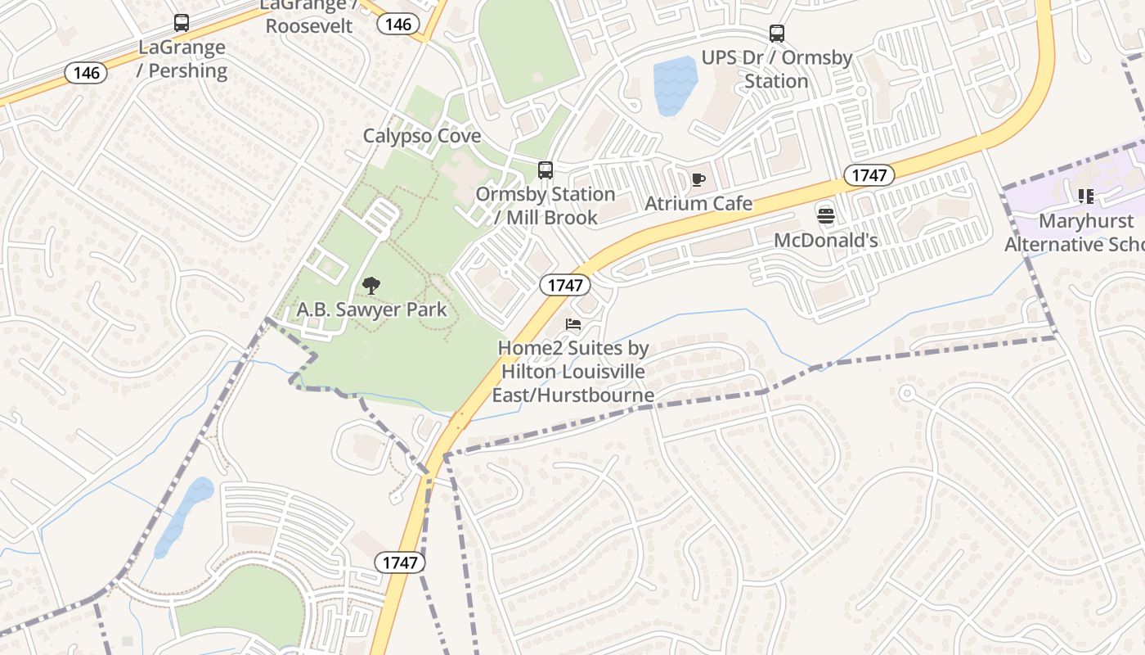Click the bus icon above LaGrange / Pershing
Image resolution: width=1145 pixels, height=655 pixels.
pos(182,23)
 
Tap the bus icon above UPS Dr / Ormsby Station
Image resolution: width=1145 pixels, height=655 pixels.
pos(777,34)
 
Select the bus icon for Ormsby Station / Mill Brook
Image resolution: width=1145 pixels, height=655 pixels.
pos(546,170)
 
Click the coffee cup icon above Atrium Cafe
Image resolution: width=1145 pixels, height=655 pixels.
pos(698,180)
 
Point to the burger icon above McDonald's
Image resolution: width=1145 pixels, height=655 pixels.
pos(826,216)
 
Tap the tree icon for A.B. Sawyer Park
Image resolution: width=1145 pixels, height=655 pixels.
pos(371,286)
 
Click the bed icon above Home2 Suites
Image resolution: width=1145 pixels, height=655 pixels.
pos(573,325)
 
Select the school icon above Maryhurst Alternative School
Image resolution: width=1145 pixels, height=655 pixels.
pos(1086,196)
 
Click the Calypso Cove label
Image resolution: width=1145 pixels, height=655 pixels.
pos(422,136)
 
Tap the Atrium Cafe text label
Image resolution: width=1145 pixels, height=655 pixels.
pos(698,203)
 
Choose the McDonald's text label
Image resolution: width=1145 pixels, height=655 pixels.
pos(826,240)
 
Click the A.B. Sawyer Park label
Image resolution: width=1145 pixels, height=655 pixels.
pos(371,309)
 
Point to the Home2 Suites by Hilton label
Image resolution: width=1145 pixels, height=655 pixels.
pos(573,372)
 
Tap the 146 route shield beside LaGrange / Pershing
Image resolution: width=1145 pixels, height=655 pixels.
pos(87,73)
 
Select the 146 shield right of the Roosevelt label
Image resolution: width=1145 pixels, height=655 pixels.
pos(398,24)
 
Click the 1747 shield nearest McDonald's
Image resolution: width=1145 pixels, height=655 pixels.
pos(869,174)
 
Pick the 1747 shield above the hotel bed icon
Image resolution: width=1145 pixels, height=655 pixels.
pos(565,285)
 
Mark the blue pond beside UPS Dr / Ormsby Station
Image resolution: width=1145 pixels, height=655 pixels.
pos(675,84)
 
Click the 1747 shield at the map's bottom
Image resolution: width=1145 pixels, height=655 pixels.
pos(400,562)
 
